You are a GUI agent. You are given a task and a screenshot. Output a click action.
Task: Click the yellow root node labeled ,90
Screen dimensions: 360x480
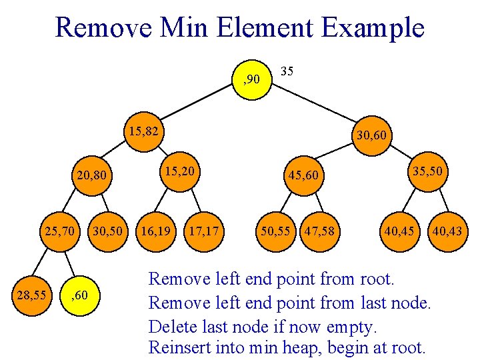coord(252,80)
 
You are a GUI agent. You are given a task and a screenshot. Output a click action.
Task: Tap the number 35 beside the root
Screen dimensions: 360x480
coord(287,70)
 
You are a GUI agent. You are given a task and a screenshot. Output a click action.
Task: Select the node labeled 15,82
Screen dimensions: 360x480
coord(144,131)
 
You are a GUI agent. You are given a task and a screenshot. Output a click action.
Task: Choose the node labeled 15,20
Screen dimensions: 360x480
coord(179,171)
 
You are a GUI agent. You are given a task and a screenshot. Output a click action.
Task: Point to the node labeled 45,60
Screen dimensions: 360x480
coord(305,176)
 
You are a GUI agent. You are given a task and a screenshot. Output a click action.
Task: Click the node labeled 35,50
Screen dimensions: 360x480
coord(426,171)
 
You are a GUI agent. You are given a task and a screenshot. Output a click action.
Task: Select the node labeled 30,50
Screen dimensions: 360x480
coord(108,231)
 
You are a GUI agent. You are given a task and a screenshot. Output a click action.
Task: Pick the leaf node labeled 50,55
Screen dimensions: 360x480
coord(275,231)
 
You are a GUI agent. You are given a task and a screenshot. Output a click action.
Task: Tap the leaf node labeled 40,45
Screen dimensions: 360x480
coord(399,231)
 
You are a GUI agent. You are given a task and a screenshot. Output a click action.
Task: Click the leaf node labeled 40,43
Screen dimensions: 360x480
coord(447,231)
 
